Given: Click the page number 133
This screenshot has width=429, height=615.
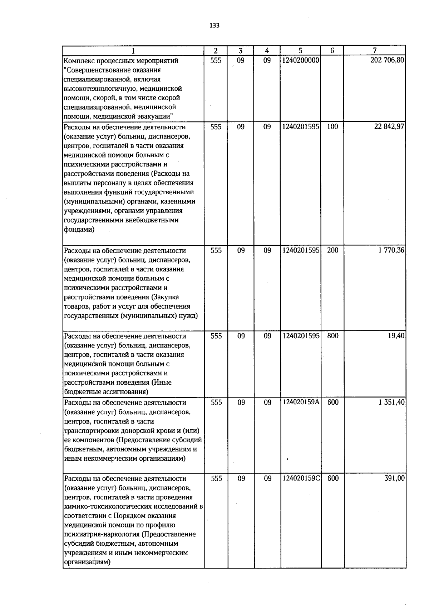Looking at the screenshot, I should (214, 26).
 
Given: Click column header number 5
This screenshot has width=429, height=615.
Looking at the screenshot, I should (300, 51).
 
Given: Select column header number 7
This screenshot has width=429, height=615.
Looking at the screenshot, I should (374, 51).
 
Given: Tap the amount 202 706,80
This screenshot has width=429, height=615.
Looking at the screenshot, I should (388, 60).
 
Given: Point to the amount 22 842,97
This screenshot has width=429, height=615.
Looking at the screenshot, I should (389, 126).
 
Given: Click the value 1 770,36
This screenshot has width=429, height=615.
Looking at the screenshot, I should (391, 250).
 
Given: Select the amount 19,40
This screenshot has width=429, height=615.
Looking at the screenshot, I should (396, 336).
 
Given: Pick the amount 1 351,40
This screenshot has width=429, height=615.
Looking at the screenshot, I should (391, 402).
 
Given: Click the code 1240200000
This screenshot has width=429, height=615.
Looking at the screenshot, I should (300, 60).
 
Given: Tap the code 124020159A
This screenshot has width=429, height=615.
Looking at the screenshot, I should (301, 402).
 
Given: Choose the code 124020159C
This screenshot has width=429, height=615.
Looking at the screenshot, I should (301, 478).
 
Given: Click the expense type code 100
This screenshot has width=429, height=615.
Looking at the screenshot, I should (332, 126).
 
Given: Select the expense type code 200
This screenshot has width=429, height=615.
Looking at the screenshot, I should (332, 250).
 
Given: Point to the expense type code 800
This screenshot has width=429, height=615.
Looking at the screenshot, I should (332, 336).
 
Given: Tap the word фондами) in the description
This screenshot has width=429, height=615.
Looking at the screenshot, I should (79, 230).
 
